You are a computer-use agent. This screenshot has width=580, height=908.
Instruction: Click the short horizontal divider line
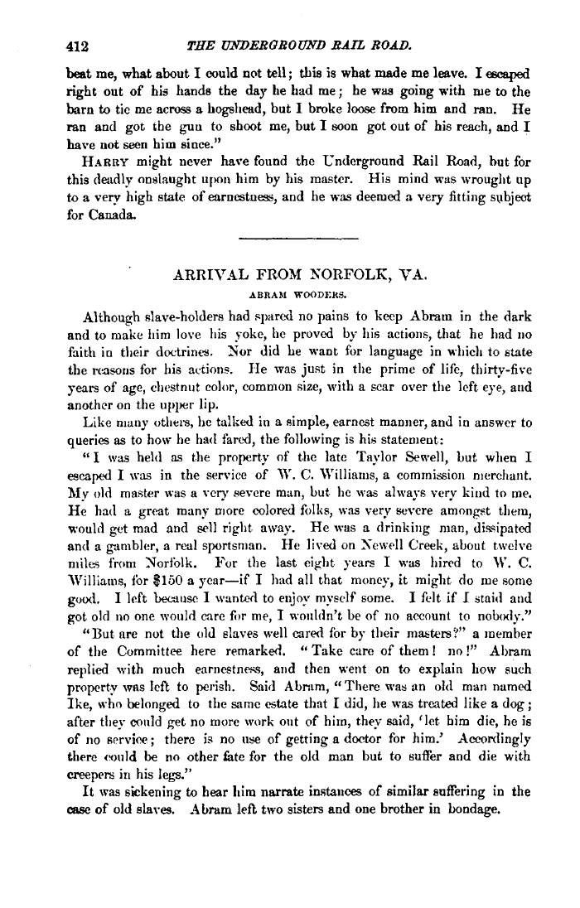click(297, 242)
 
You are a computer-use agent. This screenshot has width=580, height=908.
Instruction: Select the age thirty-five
click(494, 375)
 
